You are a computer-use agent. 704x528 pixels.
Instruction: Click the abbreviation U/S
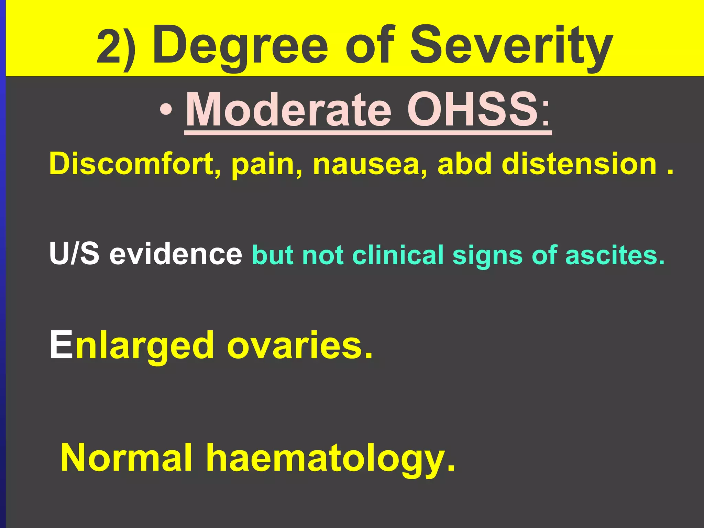74,254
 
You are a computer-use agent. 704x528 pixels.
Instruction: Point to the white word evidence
176,254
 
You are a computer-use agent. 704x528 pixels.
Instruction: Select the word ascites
615,255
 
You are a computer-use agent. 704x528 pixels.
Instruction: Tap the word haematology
330,459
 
